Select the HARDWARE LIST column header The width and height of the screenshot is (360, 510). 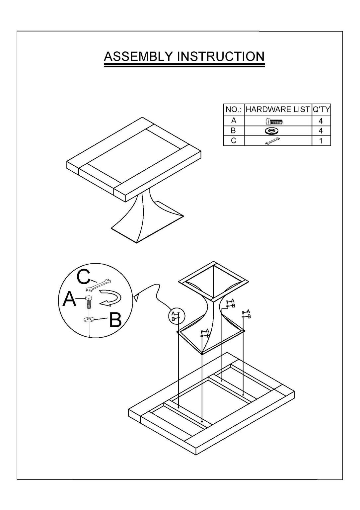pos(278,110)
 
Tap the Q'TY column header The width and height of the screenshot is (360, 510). pos(321,110)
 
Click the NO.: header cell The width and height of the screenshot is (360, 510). pos(234,110)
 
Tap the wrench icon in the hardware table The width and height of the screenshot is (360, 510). pos(273,141)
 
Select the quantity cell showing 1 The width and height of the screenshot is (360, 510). pos(321,141)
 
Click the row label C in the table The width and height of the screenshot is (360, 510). pos(234,141)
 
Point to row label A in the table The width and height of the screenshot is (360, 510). pos(234,121)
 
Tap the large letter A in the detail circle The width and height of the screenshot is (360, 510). pos(69,299)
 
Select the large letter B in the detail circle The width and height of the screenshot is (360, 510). pos(115,320)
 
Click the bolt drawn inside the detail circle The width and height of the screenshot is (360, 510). pos(88,302)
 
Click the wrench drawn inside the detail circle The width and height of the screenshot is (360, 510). pos(98,285)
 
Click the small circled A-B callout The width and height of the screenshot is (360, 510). pos(177,316)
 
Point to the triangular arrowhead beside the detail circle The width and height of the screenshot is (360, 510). pos(136,298)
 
